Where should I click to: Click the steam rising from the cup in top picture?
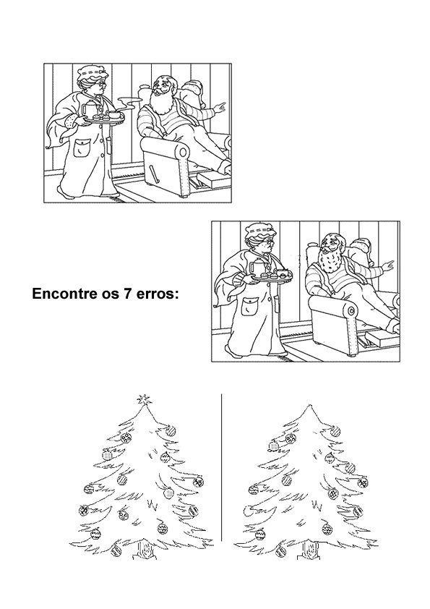pyautogui.click(x=129, y=103)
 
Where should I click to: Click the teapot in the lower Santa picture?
pyautogui.click(x=259, y=267)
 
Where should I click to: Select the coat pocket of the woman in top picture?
pyautogui.click(x=82, y=149)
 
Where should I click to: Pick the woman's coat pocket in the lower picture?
pyautogui.click(x=249, y=307)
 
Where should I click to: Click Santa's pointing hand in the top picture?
pyautogui.click(x=220, y=108)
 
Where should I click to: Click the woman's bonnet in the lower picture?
pyautogui.click(x=259, y=231)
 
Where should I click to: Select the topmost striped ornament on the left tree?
pyautogui.click(x=171, y=431)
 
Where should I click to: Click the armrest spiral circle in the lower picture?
pyautogui.click(x=352, y=311)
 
